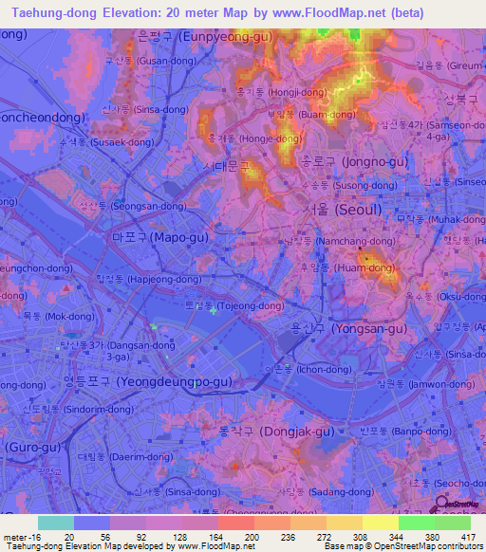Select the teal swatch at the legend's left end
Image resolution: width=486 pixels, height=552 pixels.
[55, 523]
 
